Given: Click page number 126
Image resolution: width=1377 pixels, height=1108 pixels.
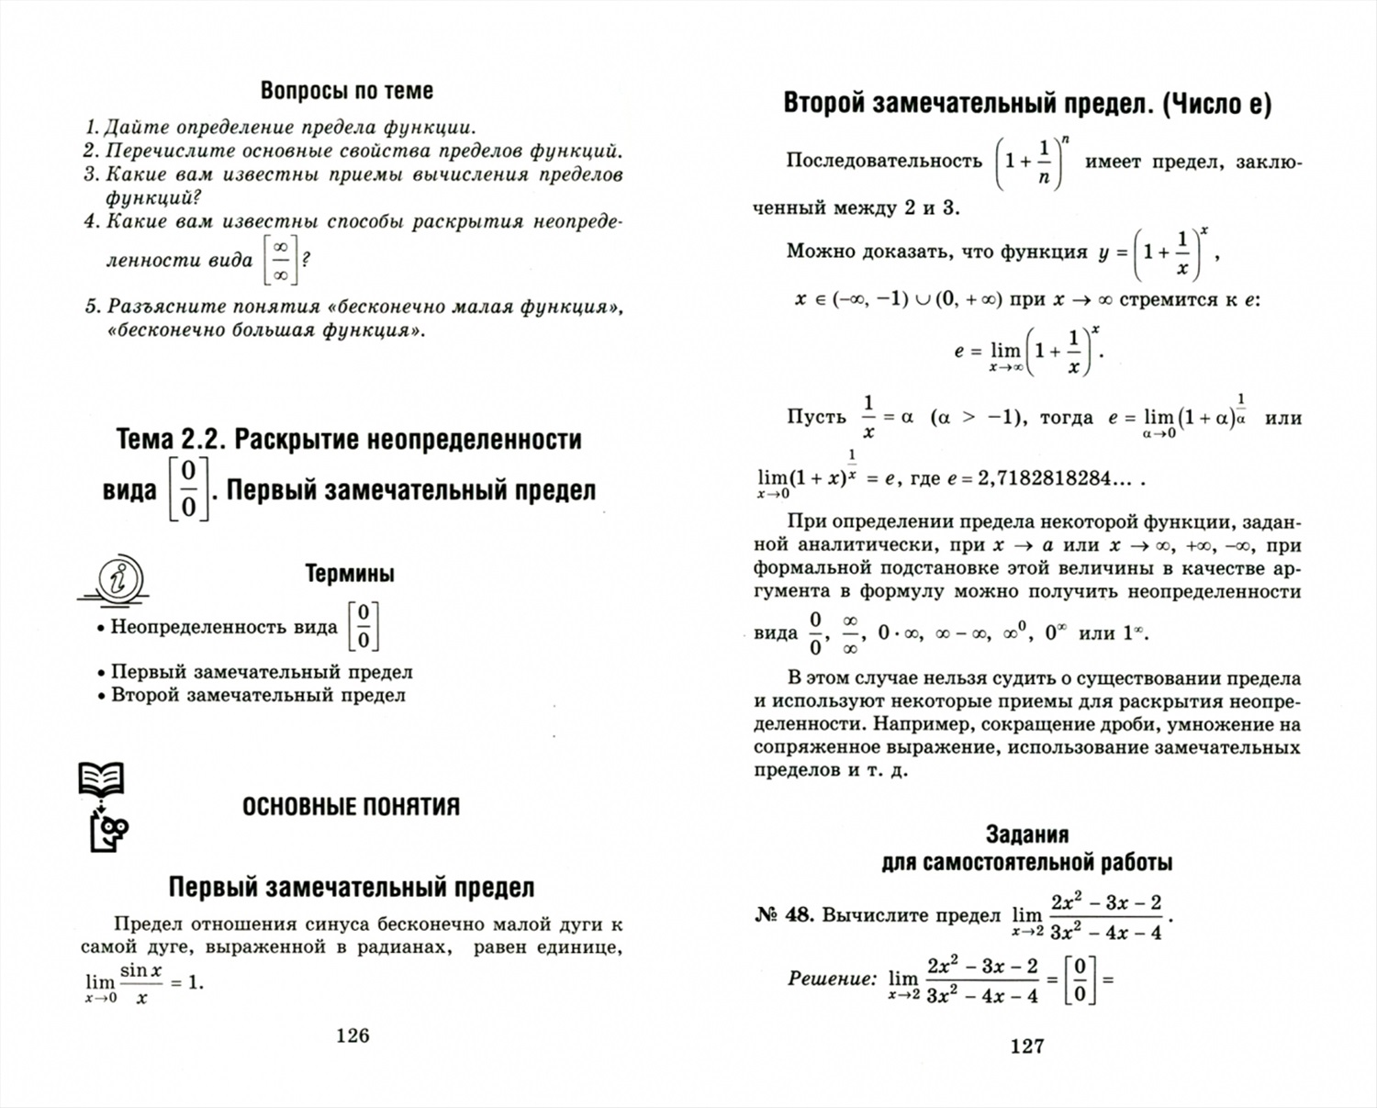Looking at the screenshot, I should [353, 1035].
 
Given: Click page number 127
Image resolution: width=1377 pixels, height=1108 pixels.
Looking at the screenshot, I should [1026, 1046].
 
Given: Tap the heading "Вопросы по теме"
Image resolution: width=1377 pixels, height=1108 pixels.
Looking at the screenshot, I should [346, 91].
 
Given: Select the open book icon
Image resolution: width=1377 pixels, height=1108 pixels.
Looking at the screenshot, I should [100, 779].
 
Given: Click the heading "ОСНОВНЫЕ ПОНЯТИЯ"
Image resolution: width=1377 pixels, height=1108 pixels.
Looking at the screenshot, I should [351, 807].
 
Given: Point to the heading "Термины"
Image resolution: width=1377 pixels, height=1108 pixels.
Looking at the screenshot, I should [350, 575].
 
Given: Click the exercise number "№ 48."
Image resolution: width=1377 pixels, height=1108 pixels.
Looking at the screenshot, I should [784, 914].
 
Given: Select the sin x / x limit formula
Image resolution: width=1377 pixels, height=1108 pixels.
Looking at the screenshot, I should [142, 983].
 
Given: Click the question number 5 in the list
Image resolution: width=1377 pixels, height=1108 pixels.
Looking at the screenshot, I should [91, 307].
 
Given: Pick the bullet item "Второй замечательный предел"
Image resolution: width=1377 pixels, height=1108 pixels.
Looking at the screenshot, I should [258, 695].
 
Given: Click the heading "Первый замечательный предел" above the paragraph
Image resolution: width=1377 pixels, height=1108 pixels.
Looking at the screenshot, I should [351, 888].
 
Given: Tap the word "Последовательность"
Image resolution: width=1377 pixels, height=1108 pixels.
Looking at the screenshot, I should [884, 161].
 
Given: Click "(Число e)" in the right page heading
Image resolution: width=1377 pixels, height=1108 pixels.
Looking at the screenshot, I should [1216, 105].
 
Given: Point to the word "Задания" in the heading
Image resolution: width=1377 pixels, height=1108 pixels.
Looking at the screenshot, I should [1026, 834].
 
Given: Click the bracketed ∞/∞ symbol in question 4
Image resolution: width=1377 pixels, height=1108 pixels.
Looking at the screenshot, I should [280, 260].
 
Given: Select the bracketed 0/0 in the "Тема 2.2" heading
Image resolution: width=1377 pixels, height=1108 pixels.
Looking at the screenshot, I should [188, 490].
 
